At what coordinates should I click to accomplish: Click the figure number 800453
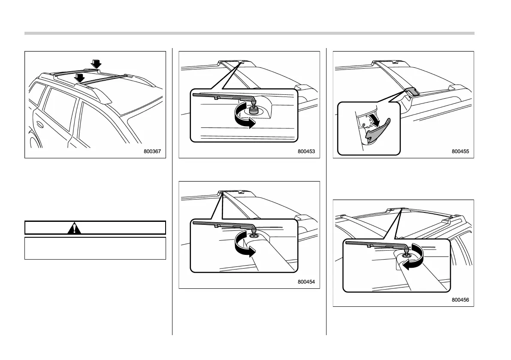[x=306, y=151]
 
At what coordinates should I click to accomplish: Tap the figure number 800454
[x=306, y=281]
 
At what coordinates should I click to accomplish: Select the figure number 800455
[x=460, y=151]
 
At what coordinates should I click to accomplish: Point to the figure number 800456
[x=460, y=300]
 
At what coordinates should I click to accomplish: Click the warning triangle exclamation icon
[x=75, y=227]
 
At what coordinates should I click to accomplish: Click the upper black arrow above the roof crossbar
[x=97, y=64]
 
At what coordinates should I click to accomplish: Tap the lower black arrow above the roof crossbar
[x=79, y=78]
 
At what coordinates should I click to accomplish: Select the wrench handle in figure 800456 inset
[x=373, y=245]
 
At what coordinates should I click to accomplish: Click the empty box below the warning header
[x=95, y=248]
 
